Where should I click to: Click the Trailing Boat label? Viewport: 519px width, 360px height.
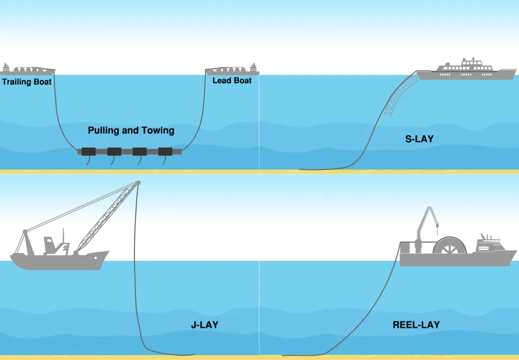(26, 82)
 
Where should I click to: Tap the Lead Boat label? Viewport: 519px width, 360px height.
(232, 81)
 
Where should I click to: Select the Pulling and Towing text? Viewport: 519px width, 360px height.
(131, 130)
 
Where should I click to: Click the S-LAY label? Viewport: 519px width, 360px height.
(419, 139)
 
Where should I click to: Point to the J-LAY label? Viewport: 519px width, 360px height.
(204, 325)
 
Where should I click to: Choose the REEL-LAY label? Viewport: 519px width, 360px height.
(416, 325)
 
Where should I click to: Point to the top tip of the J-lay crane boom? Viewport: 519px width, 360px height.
(138, 182)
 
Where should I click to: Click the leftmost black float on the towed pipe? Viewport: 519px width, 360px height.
(89, 151)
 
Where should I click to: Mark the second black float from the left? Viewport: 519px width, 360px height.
(114, 151)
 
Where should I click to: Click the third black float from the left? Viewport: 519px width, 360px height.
(140, 151)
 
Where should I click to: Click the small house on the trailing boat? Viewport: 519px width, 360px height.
(7, 68)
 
